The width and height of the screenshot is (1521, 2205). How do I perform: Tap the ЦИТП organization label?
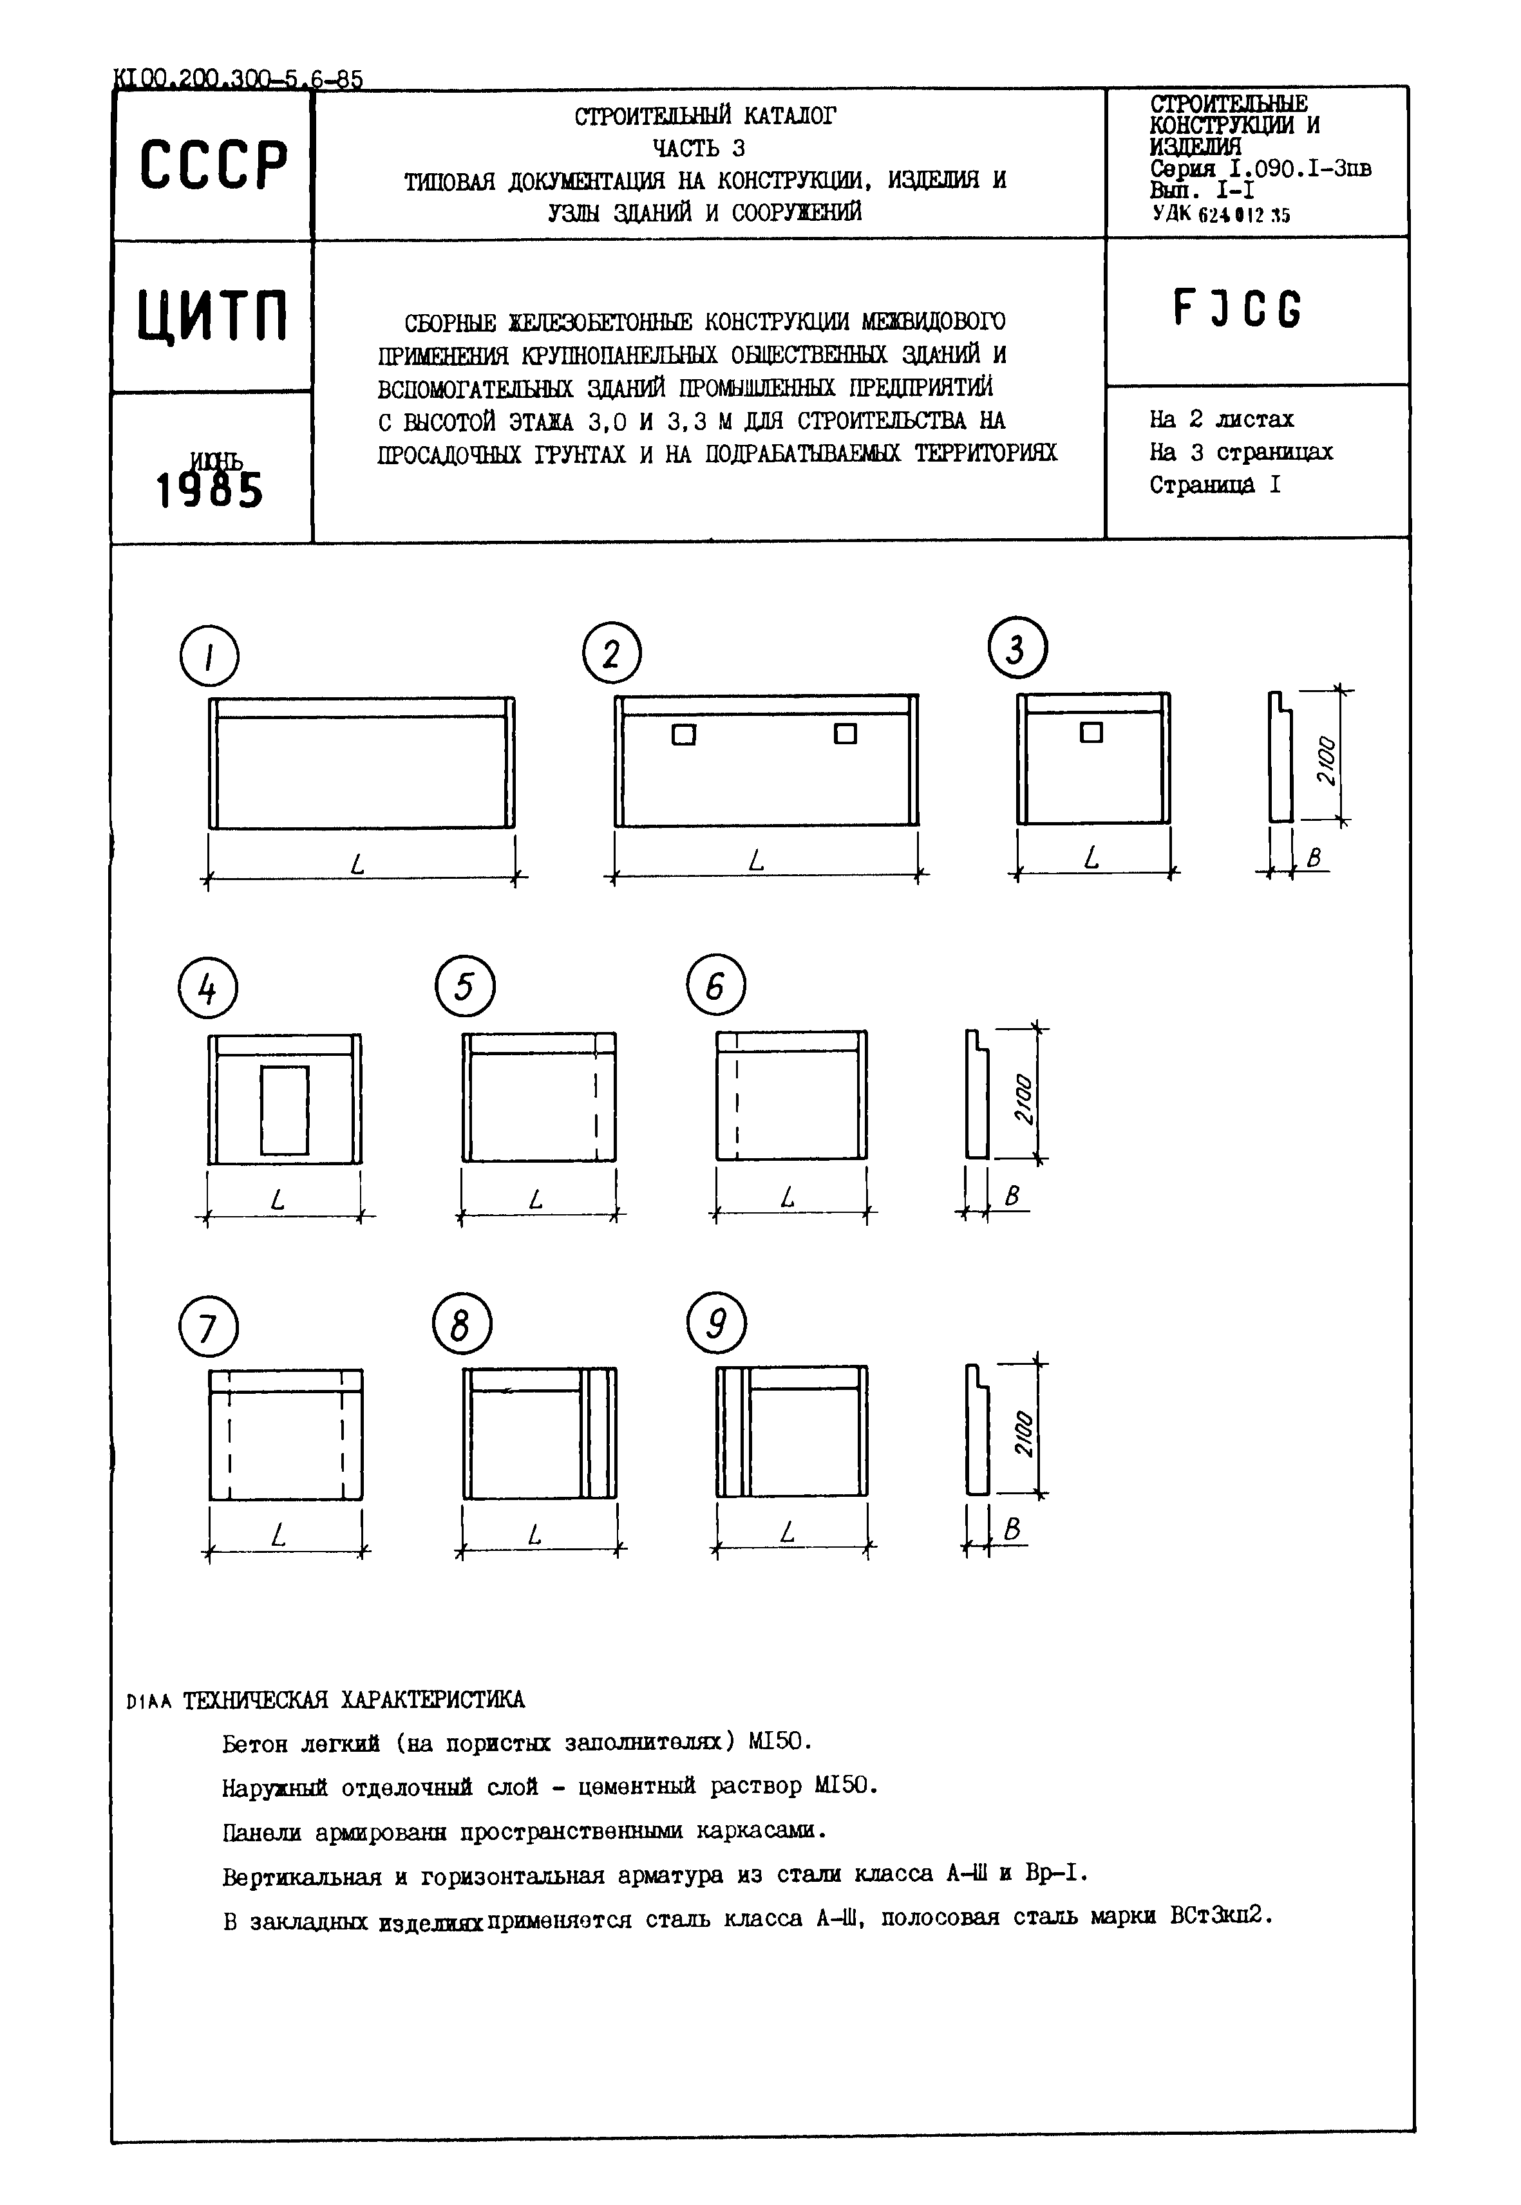click(212, 315)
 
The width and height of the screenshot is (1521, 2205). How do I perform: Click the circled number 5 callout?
click(464, 986)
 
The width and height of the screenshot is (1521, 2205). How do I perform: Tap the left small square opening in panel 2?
click(683, 735)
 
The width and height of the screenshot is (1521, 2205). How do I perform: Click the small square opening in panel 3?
click(1091, 733)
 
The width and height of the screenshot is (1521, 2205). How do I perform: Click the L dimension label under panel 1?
click(358, 865)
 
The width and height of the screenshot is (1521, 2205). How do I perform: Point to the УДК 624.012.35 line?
click(1221, 216)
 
